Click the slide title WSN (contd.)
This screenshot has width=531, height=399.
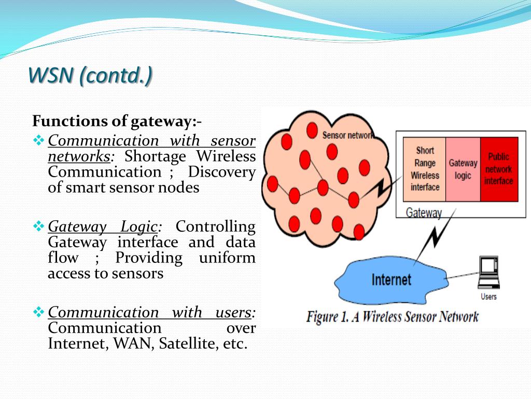[90, 75]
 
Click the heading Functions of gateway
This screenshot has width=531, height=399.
[117, 121]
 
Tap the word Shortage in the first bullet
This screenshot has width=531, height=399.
[155, 157]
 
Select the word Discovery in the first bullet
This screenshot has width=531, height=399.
[222, 172]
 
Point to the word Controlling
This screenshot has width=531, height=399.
[215, 227]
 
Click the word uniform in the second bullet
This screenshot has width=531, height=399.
[227, 258]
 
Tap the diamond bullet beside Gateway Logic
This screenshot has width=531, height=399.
[38, 226]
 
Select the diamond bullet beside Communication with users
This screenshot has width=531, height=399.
[38, 312]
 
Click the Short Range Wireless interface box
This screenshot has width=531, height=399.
[424, 169]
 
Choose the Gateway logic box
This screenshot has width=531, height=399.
[463, 169]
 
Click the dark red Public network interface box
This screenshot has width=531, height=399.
[499, 169]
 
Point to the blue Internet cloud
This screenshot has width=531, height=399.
[391, 281]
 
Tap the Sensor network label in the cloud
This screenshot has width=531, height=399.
[347, 136]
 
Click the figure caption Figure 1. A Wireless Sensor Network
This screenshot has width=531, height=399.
[393, 317]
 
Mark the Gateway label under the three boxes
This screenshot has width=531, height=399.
[424, 213]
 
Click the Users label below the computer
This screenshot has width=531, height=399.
[488, 297]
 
